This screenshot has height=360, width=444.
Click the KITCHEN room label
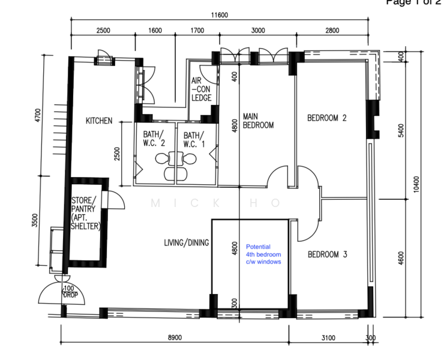[99, 121]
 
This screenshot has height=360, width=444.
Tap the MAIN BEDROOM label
[258, 121]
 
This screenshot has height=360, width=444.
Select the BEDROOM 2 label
[327, 118]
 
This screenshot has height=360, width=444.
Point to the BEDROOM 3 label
[328, 254]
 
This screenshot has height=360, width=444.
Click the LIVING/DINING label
[187, 243]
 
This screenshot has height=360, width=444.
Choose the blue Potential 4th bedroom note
[263, 254]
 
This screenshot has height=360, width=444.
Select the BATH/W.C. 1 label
[194, 140]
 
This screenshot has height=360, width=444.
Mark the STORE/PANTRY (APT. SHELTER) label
[86, 214]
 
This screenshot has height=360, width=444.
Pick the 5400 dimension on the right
[401, 130]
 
